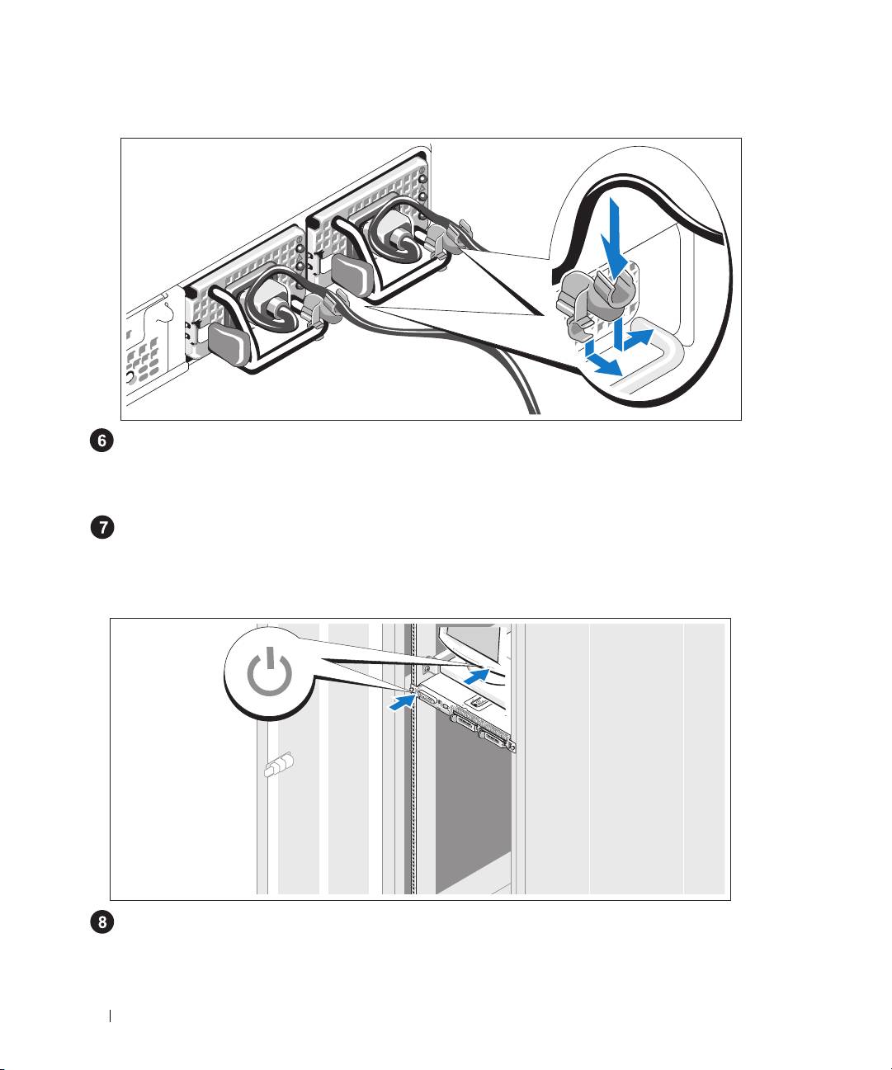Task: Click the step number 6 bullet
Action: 101,441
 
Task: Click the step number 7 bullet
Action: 101,528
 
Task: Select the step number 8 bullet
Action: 101,923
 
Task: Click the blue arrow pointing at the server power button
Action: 399,702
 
